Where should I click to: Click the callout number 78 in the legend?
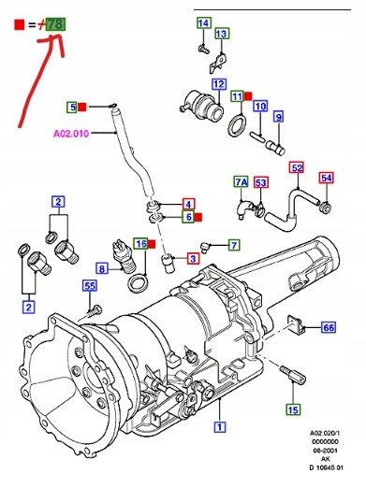56,24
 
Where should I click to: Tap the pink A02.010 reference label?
71,133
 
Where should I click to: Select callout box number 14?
204,23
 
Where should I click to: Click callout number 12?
219,84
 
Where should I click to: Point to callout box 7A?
242,182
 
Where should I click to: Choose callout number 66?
329,327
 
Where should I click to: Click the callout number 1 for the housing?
220,427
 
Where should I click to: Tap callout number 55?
90,285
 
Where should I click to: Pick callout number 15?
293,409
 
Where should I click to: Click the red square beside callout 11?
248,95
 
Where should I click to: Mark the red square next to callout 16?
152,244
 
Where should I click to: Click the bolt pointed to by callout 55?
95,311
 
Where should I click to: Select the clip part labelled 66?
296,324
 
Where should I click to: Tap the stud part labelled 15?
293,374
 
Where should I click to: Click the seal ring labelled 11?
238,126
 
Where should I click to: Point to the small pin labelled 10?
257,136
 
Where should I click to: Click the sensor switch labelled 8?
124,256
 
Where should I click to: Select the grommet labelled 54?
325,208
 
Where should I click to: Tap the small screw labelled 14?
203,49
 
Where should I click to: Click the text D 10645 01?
326,467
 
